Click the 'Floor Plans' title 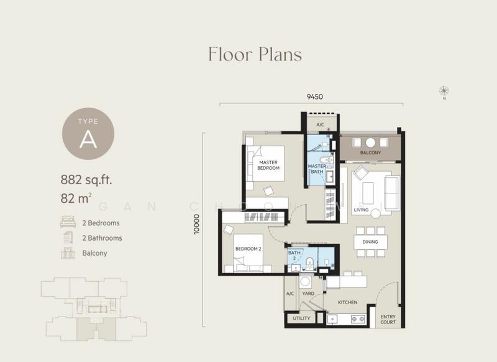(x=255, y=54)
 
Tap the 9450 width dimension (x=314, y=97)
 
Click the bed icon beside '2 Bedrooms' (x=67, y=222)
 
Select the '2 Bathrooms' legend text (x=102, y=238)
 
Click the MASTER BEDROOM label (x=269, y=165)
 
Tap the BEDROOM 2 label (x=248, y=249)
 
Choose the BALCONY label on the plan (x=371, y=153)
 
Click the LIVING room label (x=361, y=210)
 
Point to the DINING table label (x=371, y=241)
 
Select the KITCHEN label (x=347, y=302)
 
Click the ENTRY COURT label (x=389, y=318)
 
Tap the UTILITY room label (x=301, y=318)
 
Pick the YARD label (x=308, y=293)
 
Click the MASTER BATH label (x=317, y=169)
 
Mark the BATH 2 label (x=294, y=256)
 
